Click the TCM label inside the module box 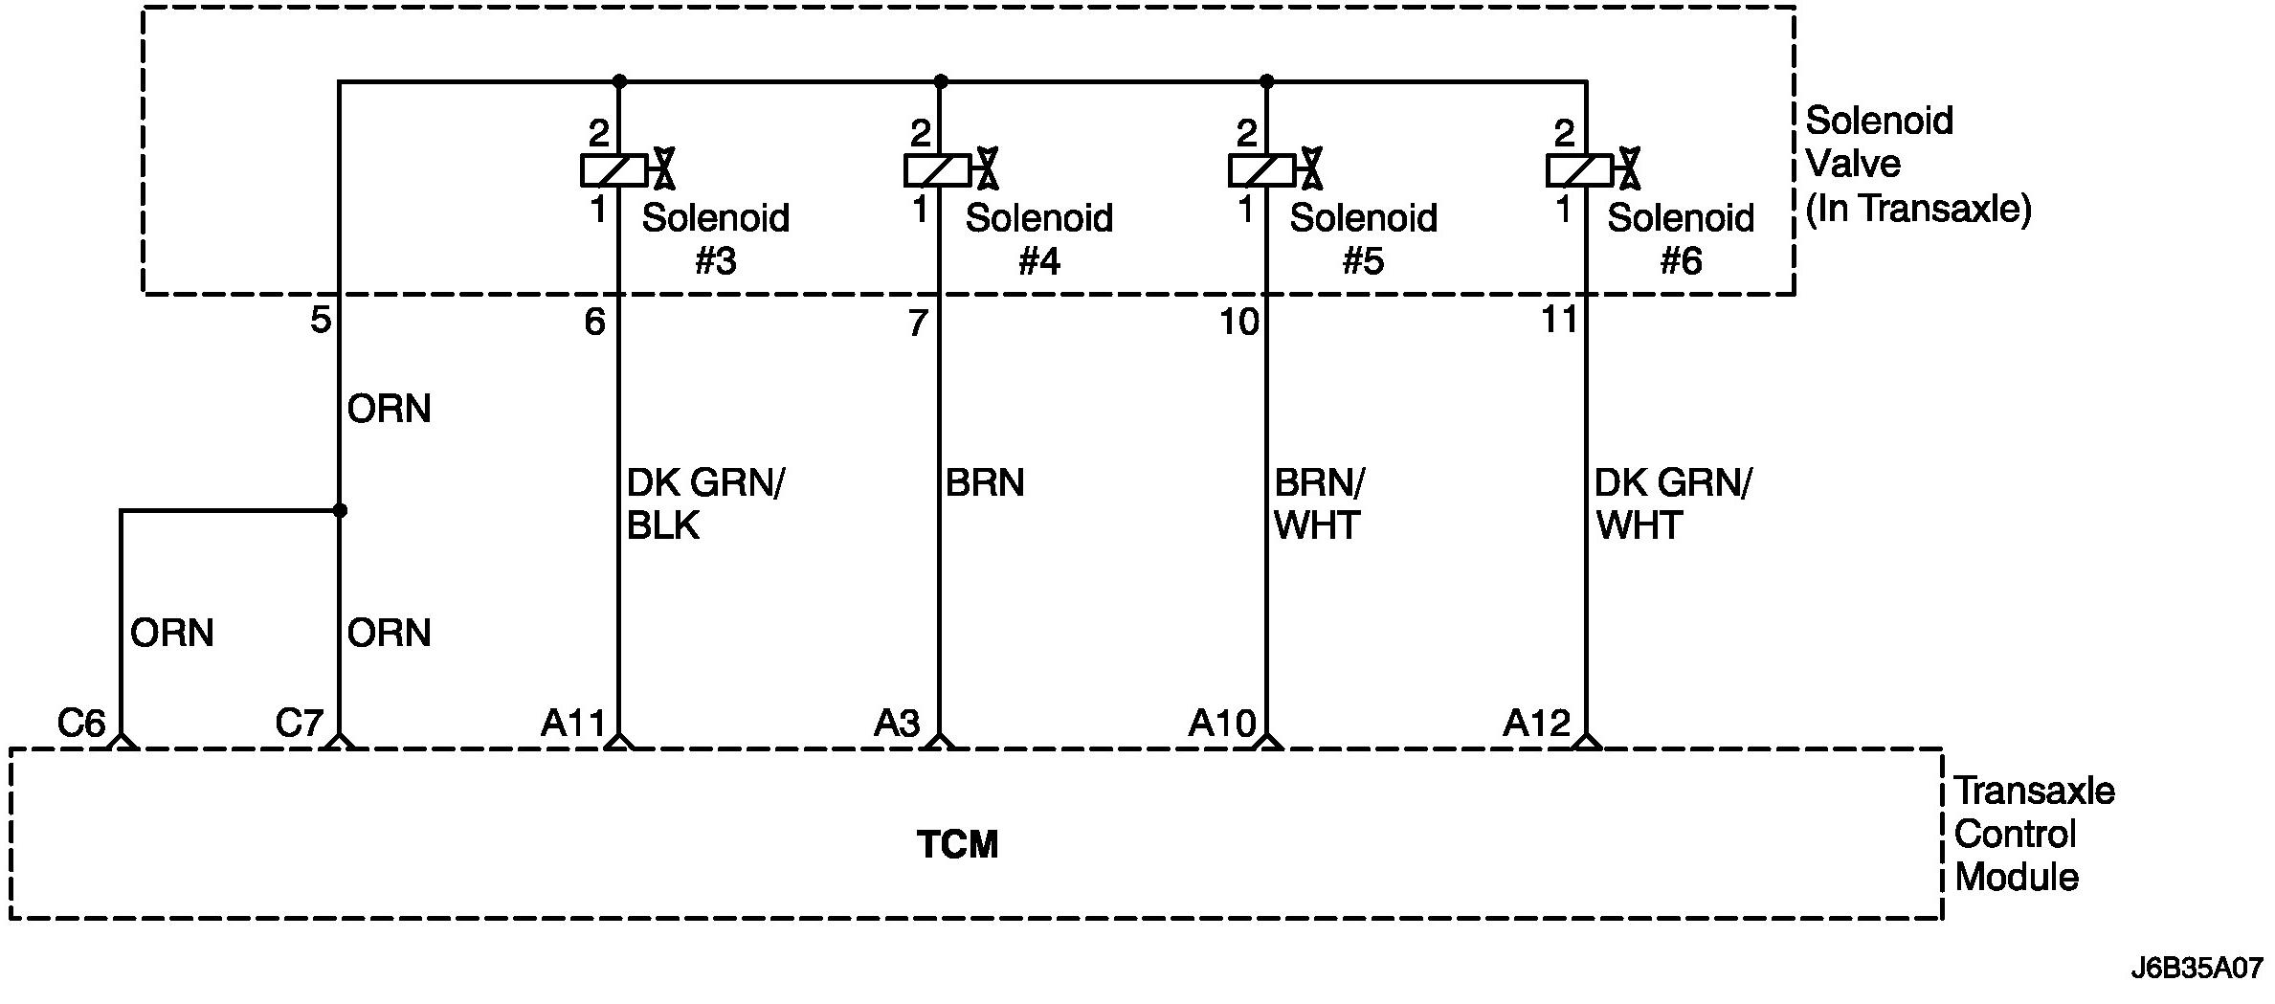click(957, 845)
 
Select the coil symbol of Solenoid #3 click(613, 170)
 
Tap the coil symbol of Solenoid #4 click(937, 170)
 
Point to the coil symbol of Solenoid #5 click(1261, 170)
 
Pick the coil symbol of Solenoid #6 click(1580, 170)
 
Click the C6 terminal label click(81, 723)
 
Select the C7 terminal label click(299, 723)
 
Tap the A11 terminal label click(572, 723)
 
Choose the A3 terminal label click(897, 723)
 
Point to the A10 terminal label click(1221, 723)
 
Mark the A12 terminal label click(1536, 723)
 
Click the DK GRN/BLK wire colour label click(704, 504)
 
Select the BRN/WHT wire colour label click(1319, 504)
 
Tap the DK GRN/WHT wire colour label click(1671, 504)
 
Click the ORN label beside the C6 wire click(171, 633)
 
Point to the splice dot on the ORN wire click(339, 510)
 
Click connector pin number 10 click(1238, 322)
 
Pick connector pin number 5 click(321, 320)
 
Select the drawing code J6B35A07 click(2196, 968)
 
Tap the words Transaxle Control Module click(2034, 834)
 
